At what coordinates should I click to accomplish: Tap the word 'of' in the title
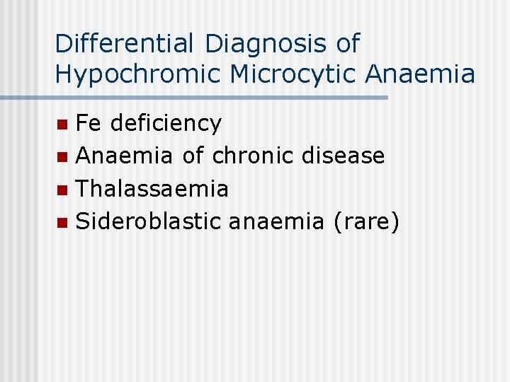click(x=347, y=44)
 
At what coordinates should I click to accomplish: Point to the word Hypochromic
click(x=136, y=74)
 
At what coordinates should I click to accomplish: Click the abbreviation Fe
click(x=89, y=123)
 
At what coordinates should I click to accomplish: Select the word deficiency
click(x=166, y=124)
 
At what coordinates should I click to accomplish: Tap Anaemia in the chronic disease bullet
click(x=125, y=156)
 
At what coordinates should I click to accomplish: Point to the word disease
click(x=343, y=156)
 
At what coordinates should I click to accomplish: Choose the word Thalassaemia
click(x=152, y=189)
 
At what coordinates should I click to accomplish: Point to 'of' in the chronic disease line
click(x=193, y=156)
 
